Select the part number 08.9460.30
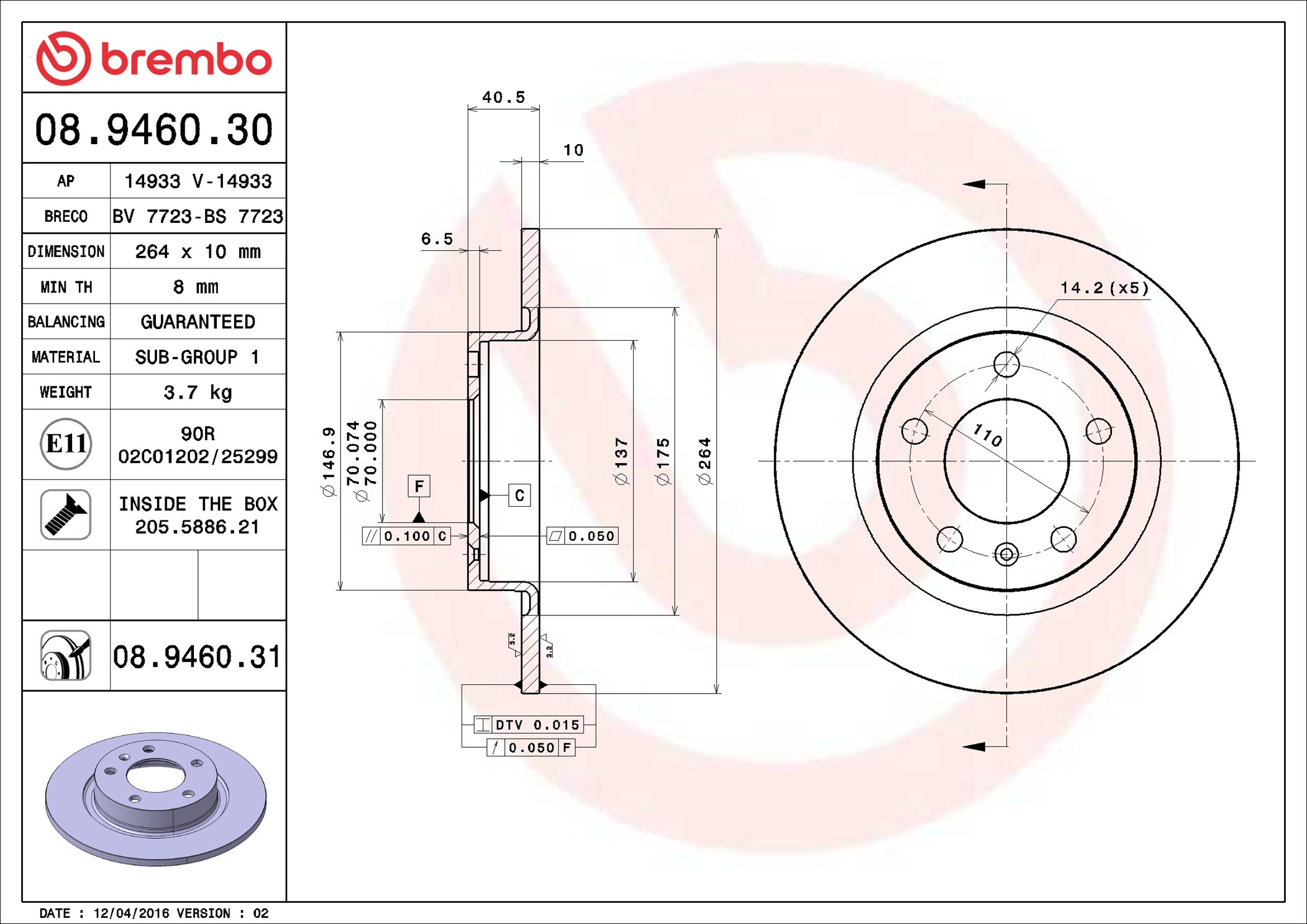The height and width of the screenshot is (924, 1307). point(153,130)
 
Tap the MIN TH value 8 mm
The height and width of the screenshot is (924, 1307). point(196,287)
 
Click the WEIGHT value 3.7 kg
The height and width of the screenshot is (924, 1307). point(198,392)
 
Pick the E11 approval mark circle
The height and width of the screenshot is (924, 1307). point(66,444)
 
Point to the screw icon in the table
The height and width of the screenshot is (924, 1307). point(66,514)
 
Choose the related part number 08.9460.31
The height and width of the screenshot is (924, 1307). point(197,656)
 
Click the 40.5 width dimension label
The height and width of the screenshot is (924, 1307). point(504,97)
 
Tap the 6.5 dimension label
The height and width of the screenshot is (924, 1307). point(437,239)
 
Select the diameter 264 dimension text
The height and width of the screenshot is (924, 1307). point(704,461)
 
